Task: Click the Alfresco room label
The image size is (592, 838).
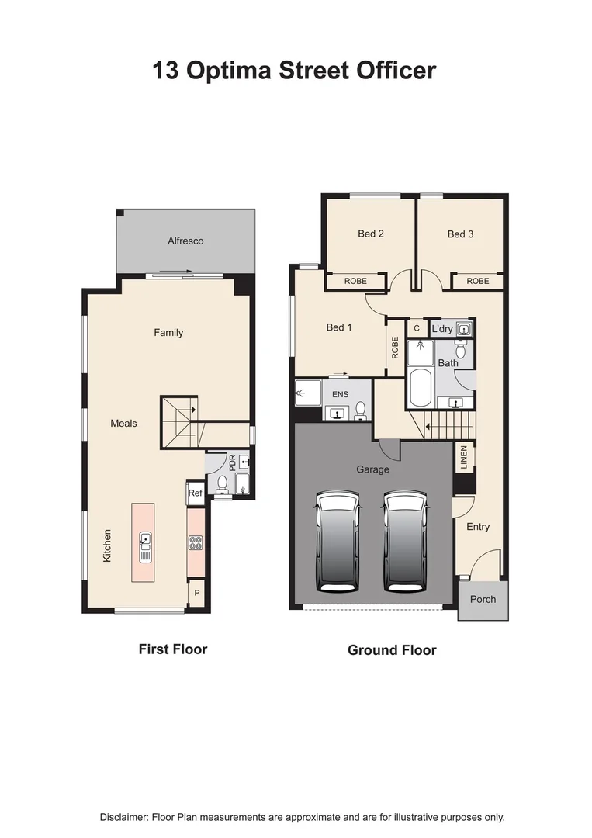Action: (185, 241)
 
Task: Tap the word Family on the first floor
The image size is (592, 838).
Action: (168, 333)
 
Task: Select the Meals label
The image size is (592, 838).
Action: (123, 424)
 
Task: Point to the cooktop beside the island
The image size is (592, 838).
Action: (196, 543)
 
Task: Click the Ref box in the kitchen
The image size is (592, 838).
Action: (195, 493)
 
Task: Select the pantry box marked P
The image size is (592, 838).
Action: (196, 593)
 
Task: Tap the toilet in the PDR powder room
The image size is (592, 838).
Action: (223, 485)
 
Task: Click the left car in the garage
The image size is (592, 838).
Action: (337, 544)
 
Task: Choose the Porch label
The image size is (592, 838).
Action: (483, 599)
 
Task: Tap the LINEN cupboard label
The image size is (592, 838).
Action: (463, 458)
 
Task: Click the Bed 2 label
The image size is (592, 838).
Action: (371, 234)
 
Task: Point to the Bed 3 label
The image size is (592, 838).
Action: (460, 234)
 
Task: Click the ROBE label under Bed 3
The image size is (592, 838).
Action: (478, 281)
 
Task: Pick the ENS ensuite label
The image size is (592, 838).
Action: (340, 394)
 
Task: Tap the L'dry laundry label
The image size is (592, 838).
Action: (442, 329)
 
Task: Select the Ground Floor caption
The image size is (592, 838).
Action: (392, 650)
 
